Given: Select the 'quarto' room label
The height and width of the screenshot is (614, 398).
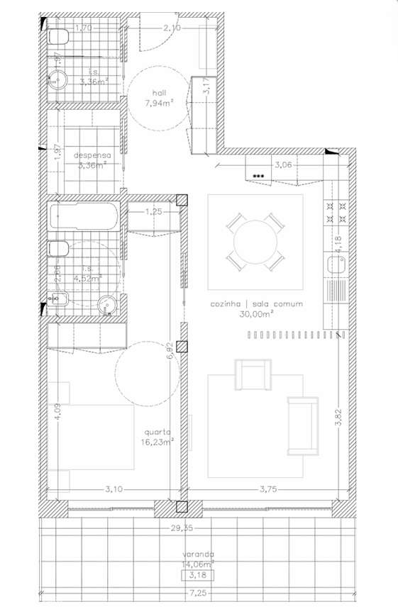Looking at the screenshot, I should [157, 430].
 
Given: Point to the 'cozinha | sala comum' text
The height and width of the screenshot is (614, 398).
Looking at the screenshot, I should [256, 304].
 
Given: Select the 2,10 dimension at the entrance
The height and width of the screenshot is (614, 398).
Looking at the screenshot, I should [171, 28].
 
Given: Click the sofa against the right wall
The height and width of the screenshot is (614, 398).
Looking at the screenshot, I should [302, 425].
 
